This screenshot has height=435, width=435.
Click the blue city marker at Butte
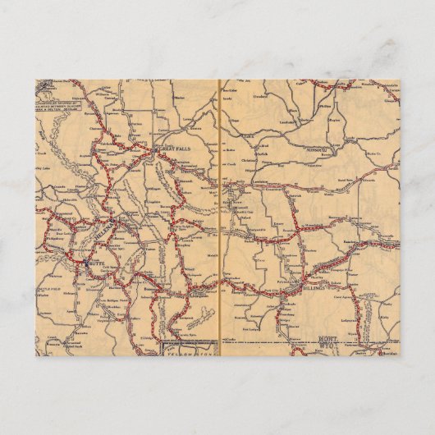click(x=86, y=263)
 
